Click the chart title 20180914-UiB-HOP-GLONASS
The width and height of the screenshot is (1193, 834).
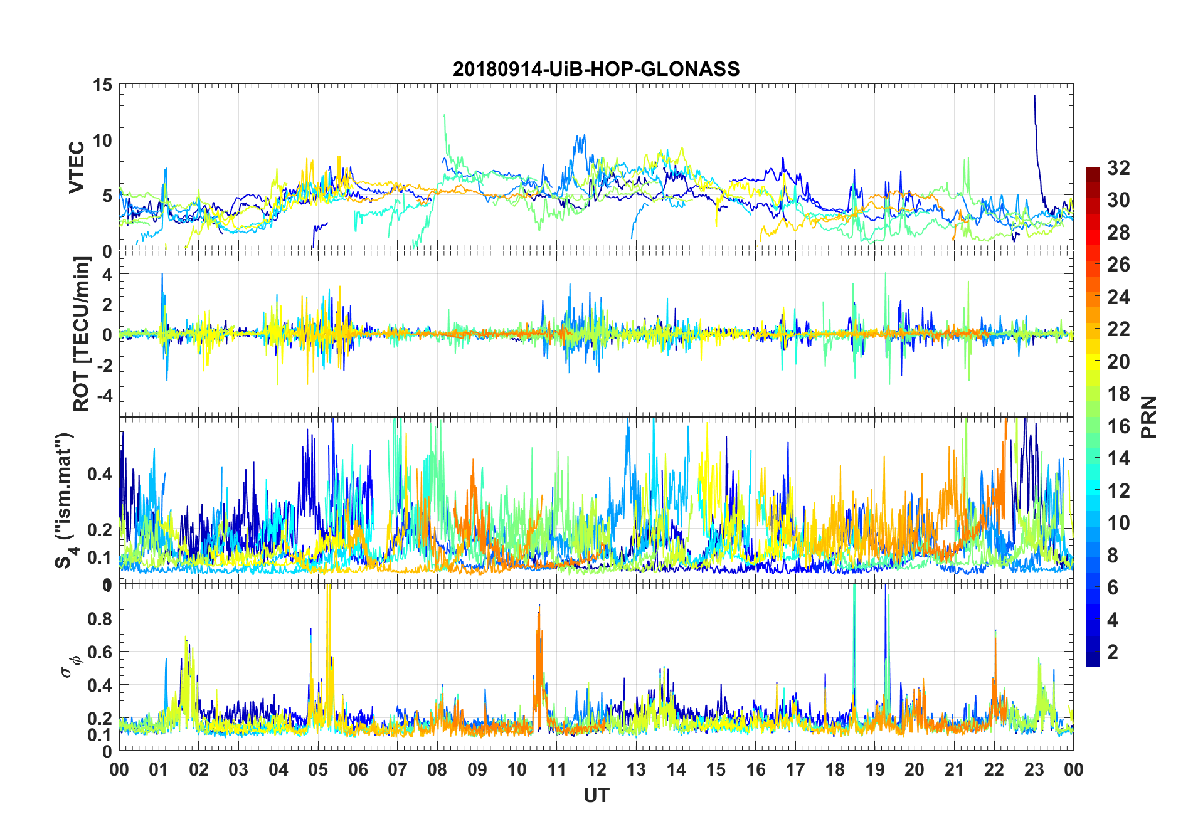coord(596,69)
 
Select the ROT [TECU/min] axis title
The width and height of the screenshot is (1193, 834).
coord(82,334)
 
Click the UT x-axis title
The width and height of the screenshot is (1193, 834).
coord(596,795)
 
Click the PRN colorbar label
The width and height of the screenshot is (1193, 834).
coord(1148,417)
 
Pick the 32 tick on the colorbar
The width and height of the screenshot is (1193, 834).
coord(1118,168)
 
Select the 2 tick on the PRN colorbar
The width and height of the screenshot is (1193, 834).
coord(1113,652)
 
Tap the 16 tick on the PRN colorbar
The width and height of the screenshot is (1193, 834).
coord(1118,426)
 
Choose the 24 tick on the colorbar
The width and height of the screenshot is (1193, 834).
coord(1118,297)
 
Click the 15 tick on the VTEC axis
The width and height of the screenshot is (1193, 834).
coord(103,85)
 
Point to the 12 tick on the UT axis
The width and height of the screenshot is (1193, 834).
coord(596,769)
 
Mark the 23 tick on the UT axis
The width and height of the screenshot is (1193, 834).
coord(1034,769)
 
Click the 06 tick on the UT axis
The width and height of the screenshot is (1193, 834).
coord(358,769)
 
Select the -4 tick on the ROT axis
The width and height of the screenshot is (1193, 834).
coord(103,395)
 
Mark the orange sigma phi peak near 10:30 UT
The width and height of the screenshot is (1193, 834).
coord(538,611)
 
